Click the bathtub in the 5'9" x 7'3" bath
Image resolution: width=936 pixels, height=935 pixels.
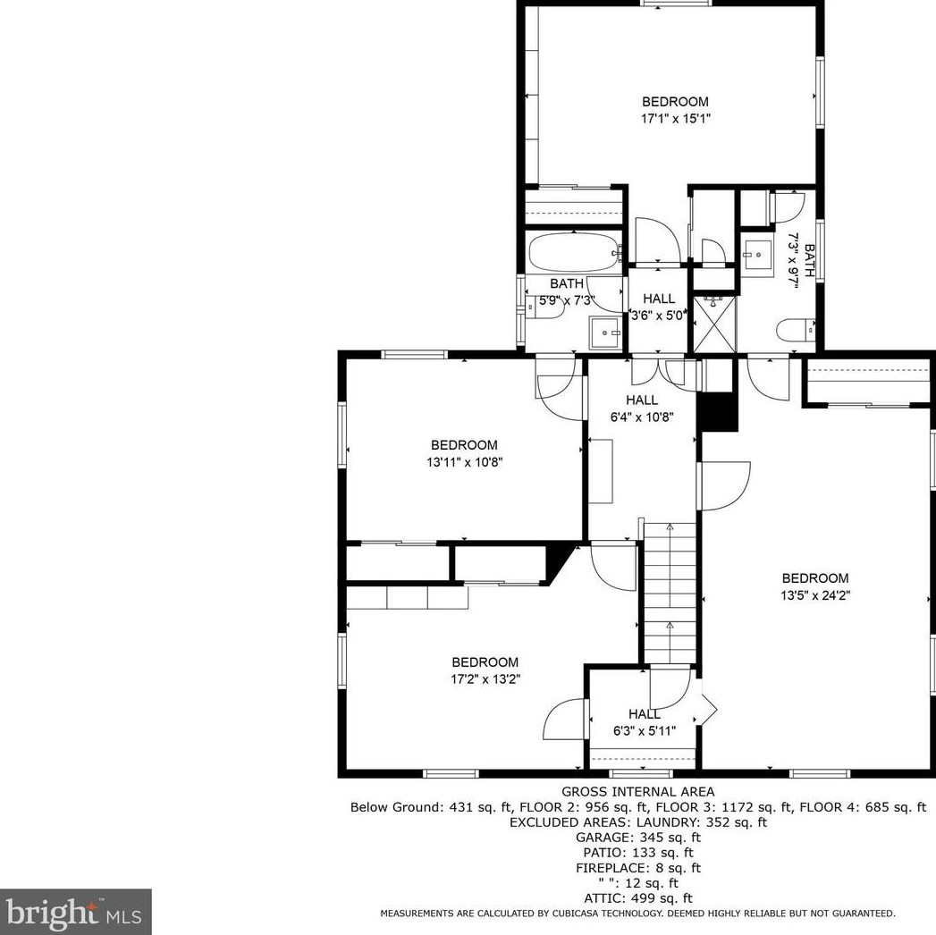coord(572,252)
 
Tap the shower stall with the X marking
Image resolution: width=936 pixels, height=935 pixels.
coord(714,324)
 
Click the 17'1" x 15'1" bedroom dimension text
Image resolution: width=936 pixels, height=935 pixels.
coord(675,119)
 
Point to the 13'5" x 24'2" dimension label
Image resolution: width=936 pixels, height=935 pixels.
coord(814,595)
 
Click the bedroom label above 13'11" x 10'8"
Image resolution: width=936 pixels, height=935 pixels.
coord(464,445)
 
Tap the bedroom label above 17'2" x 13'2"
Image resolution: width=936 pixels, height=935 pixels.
coord(485,662)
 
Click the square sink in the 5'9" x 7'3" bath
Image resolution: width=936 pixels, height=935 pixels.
coord(605,333)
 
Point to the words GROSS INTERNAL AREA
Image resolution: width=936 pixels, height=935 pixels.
coord(637,792)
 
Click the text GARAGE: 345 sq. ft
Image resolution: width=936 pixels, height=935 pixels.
coord(637,838)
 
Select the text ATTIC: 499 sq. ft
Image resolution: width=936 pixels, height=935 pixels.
coord(637,898)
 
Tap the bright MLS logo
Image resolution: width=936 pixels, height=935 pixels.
coord(75,912)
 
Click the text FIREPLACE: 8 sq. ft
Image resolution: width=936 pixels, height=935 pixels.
coord(637,868)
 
